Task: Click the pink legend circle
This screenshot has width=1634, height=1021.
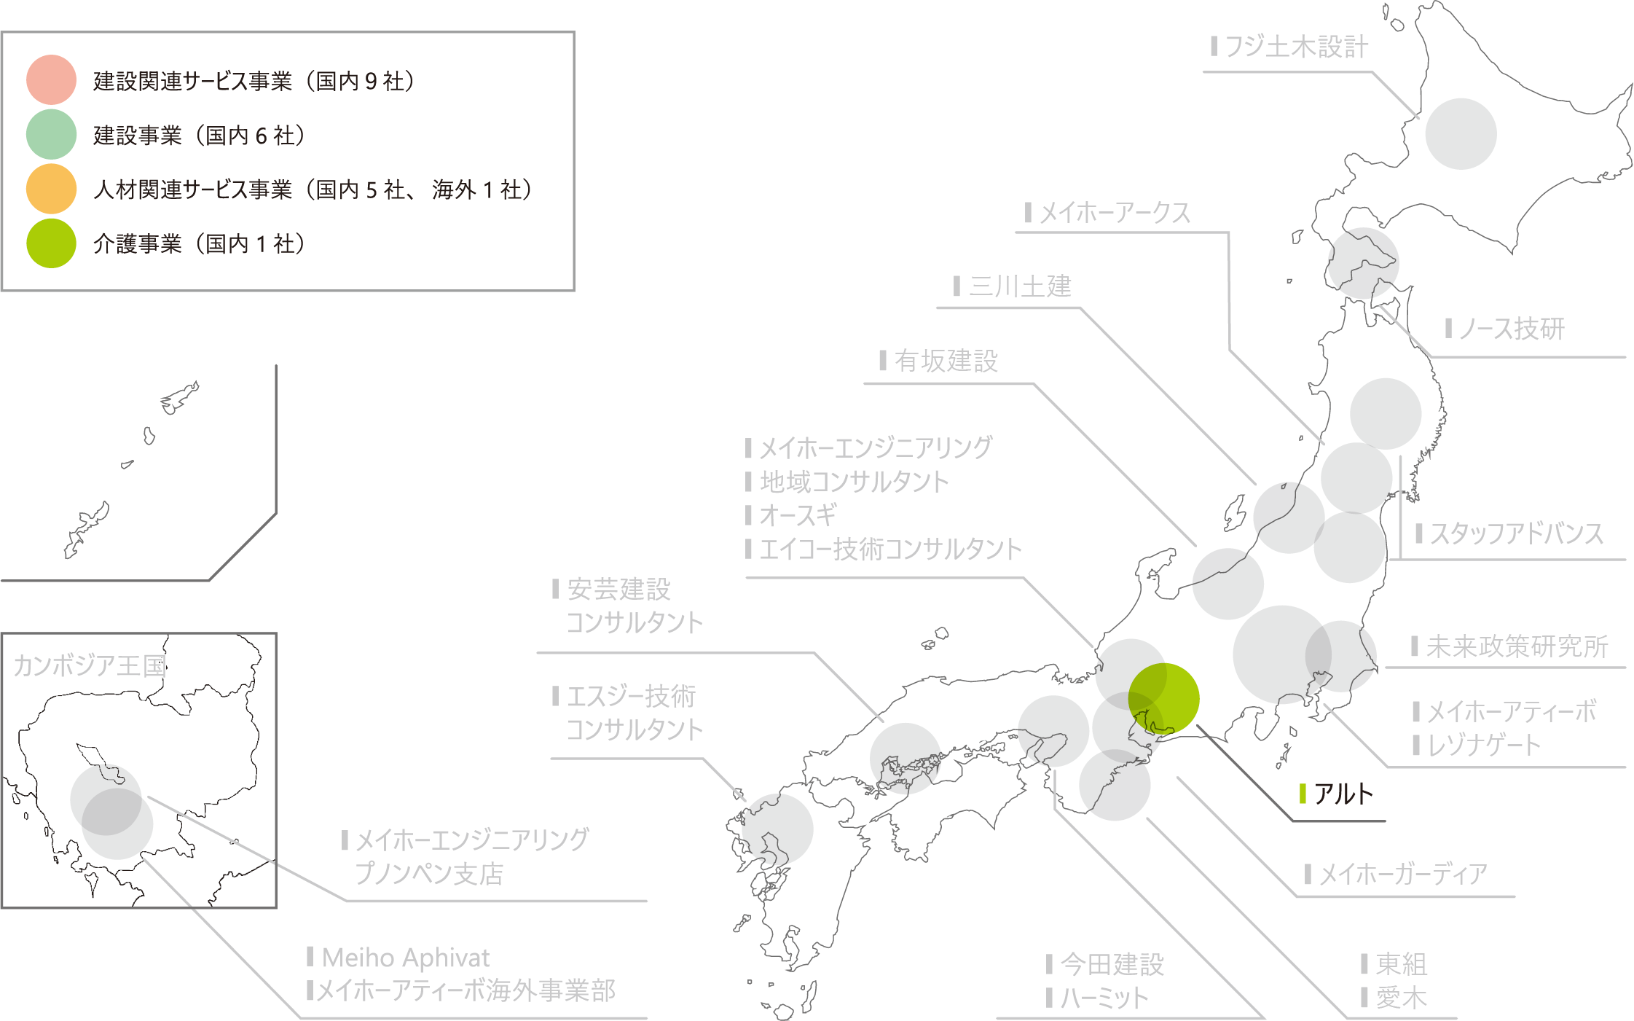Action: (51, 80)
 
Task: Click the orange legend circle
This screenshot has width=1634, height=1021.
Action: (51, 189)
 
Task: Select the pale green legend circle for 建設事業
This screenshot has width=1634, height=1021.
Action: (51, 135)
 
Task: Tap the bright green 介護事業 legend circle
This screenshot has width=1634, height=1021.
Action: (51, 243)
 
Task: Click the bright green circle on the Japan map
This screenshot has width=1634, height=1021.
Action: (1163, 698)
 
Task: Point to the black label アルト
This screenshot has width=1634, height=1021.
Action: (1343, 794)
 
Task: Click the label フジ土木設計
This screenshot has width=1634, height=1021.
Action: (1296, 47)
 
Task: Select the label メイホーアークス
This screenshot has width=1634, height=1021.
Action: (1115, 214)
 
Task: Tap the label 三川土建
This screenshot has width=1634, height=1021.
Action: (1020, 286)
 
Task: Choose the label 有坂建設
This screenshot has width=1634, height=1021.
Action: (946, 361)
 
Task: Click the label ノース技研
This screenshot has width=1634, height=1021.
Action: (1512, 329)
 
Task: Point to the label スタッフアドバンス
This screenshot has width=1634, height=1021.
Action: (1516, 534)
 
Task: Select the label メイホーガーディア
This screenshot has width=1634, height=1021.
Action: (1403, 874)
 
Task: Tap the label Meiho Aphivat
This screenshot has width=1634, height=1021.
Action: (406, 958)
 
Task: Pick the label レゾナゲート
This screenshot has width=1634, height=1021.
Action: (1483, 746)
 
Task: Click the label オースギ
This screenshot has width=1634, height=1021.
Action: (798, 516)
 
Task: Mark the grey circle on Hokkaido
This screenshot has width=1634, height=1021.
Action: (1461, 134)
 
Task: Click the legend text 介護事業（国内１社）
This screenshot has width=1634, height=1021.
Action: (199, 243)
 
